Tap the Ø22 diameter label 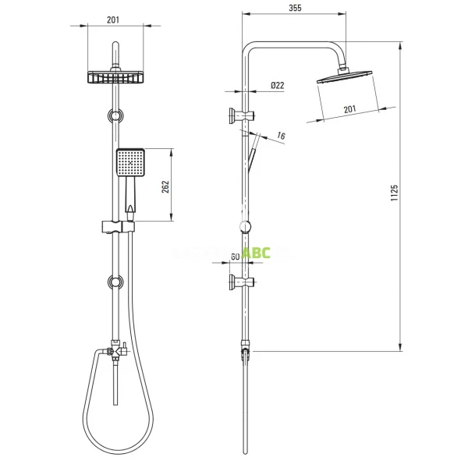click(277, 86)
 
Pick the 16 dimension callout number click(282, 136)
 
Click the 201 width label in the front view click(115, 20)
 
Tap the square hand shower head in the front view click(129, 163)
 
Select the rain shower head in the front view click(115, 76)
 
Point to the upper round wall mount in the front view click(115, 116)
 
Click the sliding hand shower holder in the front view click(116, 228)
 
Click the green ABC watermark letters click(255, 253)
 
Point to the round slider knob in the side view click(246, 227)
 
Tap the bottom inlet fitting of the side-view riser click(246, 355)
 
